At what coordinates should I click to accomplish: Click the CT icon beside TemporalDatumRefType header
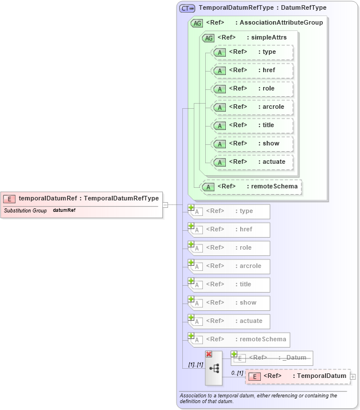tap(187, 8)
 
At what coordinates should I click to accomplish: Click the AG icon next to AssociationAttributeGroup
tap(197, 23)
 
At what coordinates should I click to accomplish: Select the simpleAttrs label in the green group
tap(267, 38)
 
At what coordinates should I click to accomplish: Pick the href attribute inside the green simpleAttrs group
tap(252, 70)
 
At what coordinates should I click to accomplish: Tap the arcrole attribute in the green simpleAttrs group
tap(252, 107)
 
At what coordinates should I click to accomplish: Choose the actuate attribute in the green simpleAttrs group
tap(252, 162)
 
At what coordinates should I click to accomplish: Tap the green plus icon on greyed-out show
tap(191, 299)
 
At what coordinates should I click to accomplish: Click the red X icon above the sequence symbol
tap(209, 354)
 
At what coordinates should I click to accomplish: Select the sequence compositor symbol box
tap(214, 369)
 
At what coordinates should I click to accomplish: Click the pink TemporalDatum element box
tap(298, 376)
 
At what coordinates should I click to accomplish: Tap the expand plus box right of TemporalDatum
tap(353, 376)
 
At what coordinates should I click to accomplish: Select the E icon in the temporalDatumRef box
tap(9, 199)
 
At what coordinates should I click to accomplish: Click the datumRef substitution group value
tap(64, 211)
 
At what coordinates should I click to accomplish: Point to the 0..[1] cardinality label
tap(237, 373)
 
